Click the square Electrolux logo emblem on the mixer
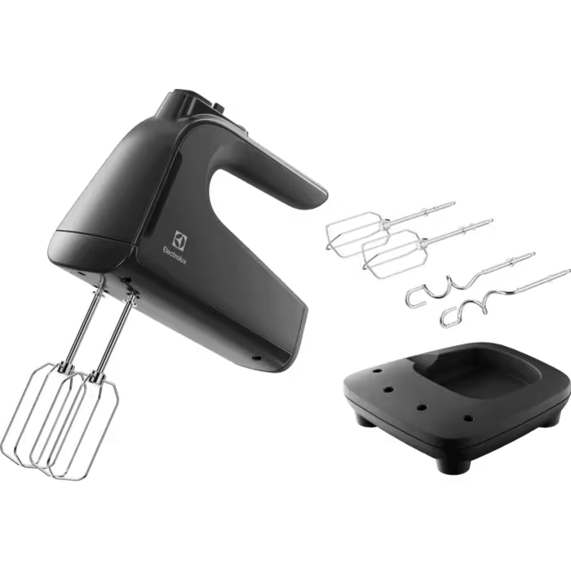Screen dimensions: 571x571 click(x=180, y=241)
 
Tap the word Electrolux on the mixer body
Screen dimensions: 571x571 click(x=174, y=255)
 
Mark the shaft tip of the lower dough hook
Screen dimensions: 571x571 click(x=568, y=272)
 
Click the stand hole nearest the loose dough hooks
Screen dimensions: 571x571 click(x=377, y=371)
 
